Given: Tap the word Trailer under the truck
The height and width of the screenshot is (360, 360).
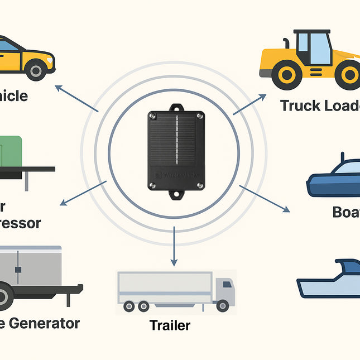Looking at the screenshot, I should click(170, 325).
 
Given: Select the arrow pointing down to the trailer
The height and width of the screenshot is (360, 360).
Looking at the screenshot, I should click(174, 246).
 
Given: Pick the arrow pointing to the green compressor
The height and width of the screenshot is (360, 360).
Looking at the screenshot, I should click(84, 193).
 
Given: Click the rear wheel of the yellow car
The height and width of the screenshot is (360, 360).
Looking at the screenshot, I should click(36, 70).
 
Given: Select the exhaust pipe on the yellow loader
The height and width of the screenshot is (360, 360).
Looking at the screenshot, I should click(285, 43).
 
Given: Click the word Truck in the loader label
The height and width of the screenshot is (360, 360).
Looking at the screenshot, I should click(299, 105).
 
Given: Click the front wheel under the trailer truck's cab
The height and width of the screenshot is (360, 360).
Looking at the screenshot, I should click(223, 306).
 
